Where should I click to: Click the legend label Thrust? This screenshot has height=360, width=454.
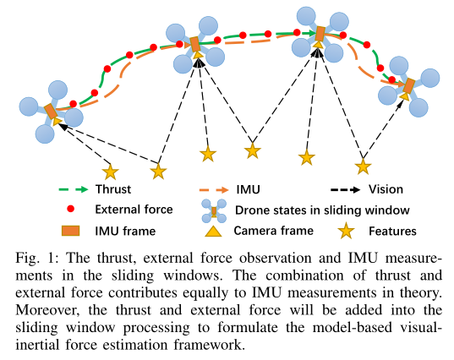pyautogui.click(x=113, y=189)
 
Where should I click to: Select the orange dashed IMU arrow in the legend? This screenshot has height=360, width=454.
pyautogui.click(x=214, y=190)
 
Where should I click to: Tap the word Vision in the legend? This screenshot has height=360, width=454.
pyautogui.click(x=386, y=189)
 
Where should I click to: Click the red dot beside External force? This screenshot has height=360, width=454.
pyautogui.click(x=71, y=209)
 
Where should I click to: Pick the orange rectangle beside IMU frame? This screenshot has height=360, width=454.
pyautogui.click(x=71, y=231)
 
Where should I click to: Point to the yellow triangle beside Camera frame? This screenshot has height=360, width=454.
pyautogui.click(x=213, y=232)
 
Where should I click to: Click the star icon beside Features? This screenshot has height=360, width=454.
pyautogui.click(x=347, y=232)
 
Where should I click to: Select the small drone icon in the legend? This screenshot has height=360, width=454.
pyautogui.click(x=214, y=211)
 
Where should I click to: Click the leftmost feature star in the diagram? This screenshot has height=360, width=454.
pyautogui.click(x=110, y=172)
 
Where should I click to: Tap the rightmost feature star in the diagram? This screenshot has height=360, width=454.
pyautogui.click(x=363, y=166)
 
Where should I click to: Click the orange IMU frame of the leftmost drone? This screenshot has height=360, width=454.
pyautogui.click(x=52, y=112)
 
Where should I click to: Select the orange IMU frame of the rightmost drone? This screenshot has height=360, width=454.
pyautogui.click(x=409, y=85)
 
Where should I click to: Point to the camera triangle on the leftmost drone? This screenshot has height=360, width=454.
pyautogui.click(x=57, y=121)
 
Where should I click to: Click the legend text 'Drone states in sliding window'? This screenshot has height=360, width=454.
pyautogui.click(x=322, y=210)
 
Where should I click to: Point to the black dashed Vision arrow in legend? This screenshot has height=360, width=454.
pyautogui.click(x=345, y=190)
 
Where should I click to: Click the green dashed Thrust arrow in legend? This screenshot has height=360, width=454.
pyautogui.click(x=74, y=189)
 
